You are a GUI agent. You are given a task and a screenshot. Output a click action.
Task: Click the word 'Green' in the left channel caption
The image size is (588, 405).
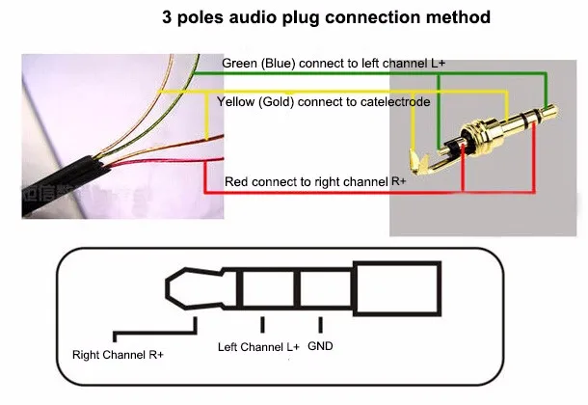239,64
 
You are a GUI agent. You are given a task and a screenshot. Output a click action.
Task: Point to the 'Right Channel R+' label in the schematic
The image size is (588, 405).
118,355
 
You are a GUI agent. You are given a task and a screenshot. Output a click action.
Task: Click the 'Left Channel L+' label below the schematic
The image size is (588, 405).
258,346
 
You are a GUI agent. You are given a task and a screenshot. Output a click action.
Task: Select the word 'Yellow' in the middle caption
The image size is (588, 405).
236,101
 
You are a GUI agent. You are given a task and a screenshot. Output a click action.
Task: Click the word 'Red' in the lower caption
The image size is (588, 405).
236,181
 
